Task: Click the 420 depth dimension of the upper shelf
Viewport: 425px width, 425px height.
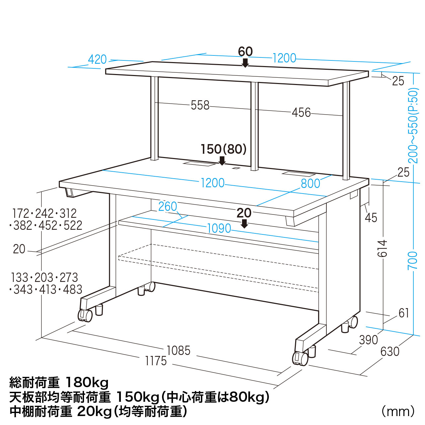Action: point(97,59)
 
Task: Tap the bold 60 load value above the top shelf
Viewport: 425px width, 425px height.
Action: point(245,52)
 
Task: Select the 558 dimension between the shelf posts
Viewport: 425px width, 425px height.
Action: point(200,105)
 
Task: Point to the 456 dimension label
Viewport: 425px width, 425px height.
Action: point(301,113)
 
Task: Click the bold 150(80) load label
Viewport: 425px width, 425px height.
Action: point(223,149)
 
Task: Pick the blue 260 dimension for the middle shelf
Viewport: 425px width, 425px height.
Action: point(168,207)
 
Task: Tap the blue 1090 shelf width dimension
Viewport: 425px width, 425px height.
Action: point(219,228)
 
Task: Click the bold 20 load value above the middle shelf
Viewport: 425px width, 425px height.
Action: point(244,213)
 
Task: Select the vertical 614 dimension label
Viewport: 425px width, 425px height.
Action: point(382,248)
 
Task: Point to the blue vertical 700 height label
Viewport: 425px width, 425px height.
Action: point(413,260)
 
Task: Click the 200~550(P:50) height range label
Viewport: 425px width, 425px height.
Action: point(413,126)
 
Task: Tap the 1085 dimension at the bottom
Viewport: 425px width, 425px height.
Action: point(178,350)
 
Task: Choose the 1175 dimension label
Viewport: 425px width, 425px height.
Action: point(156,361)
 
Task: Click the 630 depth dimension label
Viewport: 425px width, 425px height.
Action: point(390,352)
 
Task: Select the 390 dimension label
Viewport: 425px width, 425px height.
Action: point(369,340)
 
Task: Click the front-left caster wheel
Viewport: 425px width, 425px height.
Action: point(85,316)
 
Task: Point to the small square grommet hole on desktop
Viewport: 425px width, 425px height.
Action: point(236,168)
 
